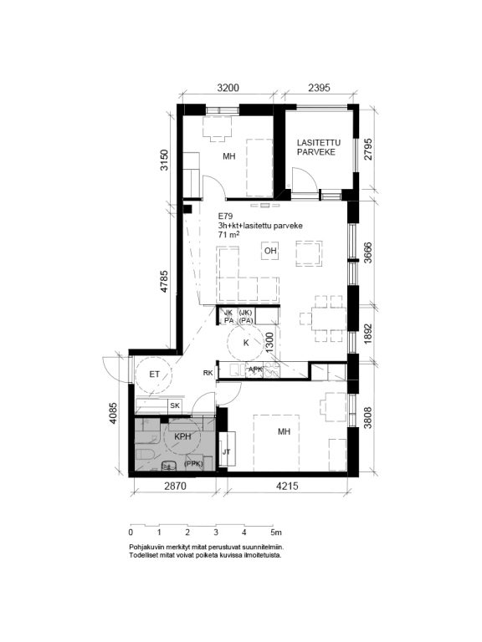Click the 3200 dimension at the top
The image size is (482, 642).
pos(228,87)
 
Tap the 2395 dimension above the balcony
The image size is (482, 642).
pos(319,87)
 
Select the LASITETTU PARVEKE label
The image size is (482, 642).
pos(319,147)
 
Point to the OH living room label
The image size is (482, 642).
pos(270,251)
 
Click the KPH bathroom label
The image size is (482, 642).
pos(182,436)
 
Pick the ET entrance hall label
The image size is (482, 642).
pos(154,374)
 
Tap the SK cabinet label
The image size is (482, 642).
pos(175,405)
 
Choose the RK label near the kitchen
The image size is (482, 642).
pos(208,373)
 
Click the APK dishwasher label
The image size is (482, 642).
pos(256,369)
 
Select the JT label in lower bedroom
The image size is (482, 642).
pos(226,452)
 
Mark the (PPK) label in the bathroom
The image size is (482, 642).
pos(194,464)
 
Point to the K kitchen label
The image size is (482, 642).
pos(246,343)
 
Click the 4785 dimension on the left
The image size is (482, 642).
pos(164,281)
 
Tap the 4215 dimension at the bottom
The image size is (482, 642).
pos(287,486)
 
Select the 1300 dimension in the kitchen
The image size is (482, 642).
pos(269,342)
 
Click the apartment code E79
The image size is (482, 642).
pos(225,217)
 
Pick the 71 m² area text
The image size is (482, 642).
pos(228,235)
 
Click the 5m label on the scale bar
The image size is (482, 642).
pos(276,532)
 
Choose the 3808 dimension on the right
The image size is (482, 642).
pos(367,417)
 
